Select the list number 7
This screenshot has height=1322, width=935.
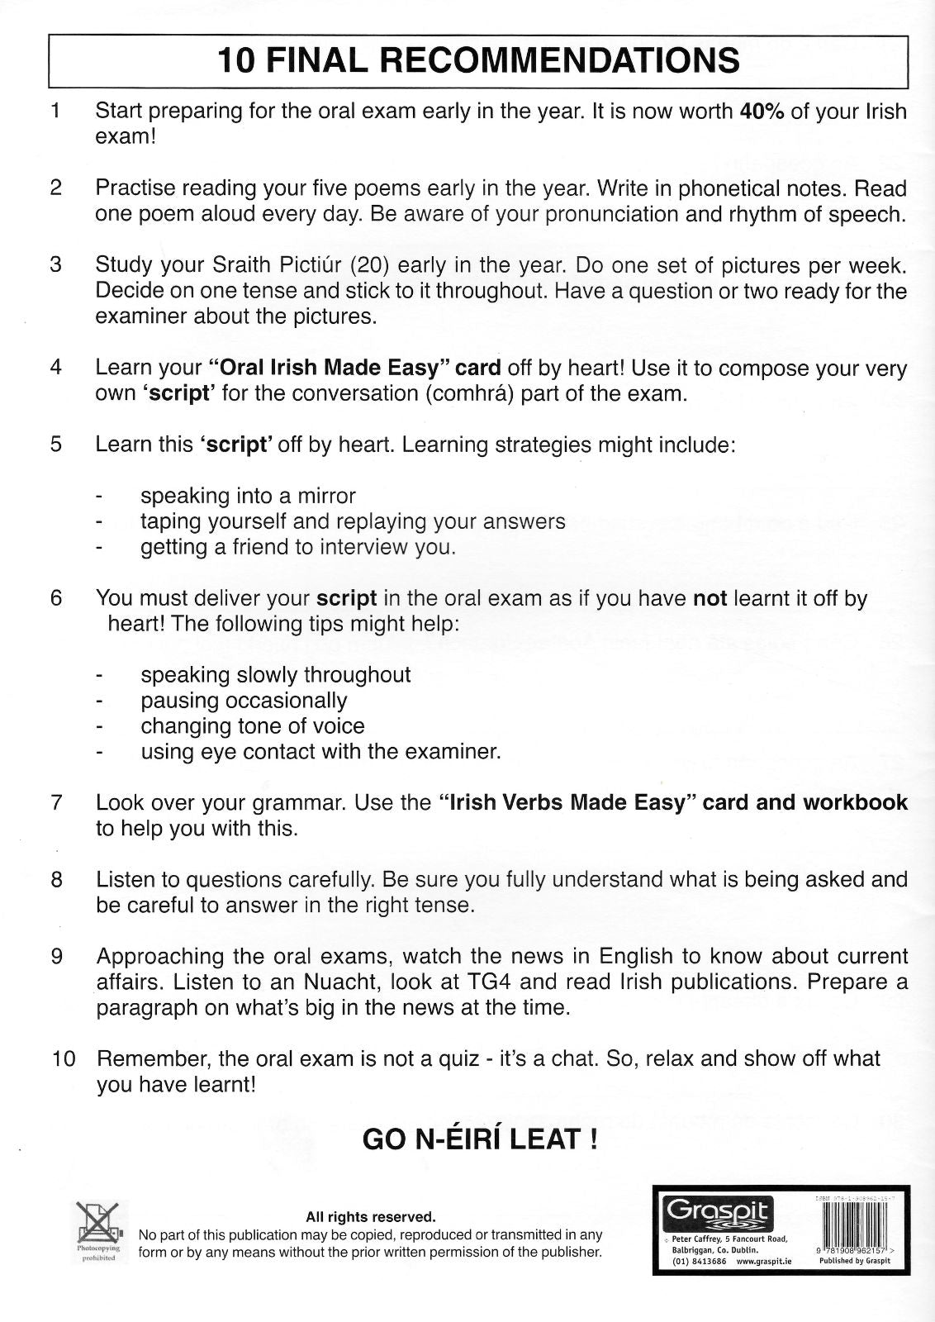tap(56, 802)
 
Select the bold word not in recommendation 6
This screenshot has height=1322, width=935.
tap(709, 598)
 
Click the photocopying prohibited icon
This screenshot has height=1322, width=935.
tap(98, 1223)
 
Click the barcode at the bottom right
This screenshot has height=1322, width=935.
tap(854, 1224)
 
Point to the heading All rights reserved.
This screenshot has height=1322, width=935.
tap(370, 1217)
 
